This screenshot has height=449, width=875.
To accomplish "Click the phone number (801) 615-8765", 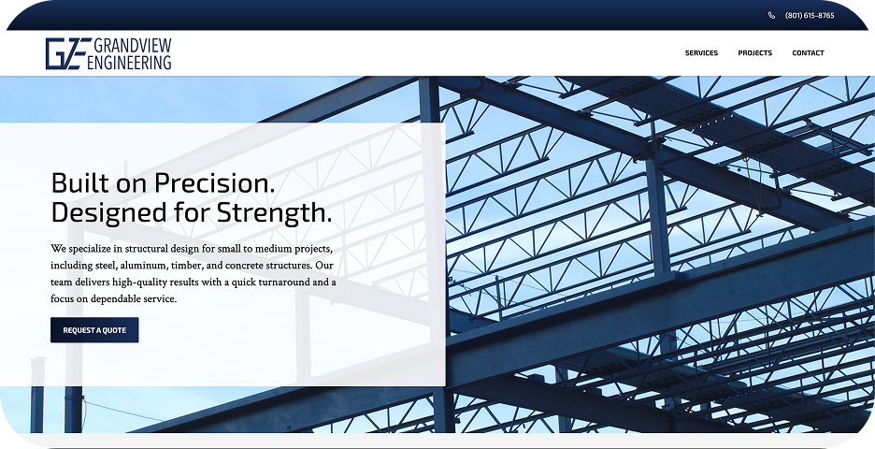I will click(810, 16).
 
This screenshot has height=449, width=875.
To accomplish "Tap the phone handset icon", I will click(772, 16).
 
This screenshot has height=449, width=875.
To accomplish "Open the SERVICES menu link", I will click(701, 53).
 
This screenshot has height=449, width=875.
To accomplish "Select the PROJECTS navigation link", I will click(754, 53).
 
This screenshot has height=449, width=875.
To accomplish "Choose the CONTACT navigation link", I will click(808, 53).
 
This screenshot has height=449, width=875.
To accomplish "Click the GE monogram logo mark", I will click(67, 53).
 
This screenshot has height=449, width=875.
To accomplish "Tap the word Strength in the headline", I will click(273, 212).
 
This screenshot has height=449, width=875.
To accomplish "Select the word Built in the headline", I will click(81, 181).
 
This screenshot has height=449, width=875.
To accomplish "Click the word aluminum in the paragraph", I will click(147, 266).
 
